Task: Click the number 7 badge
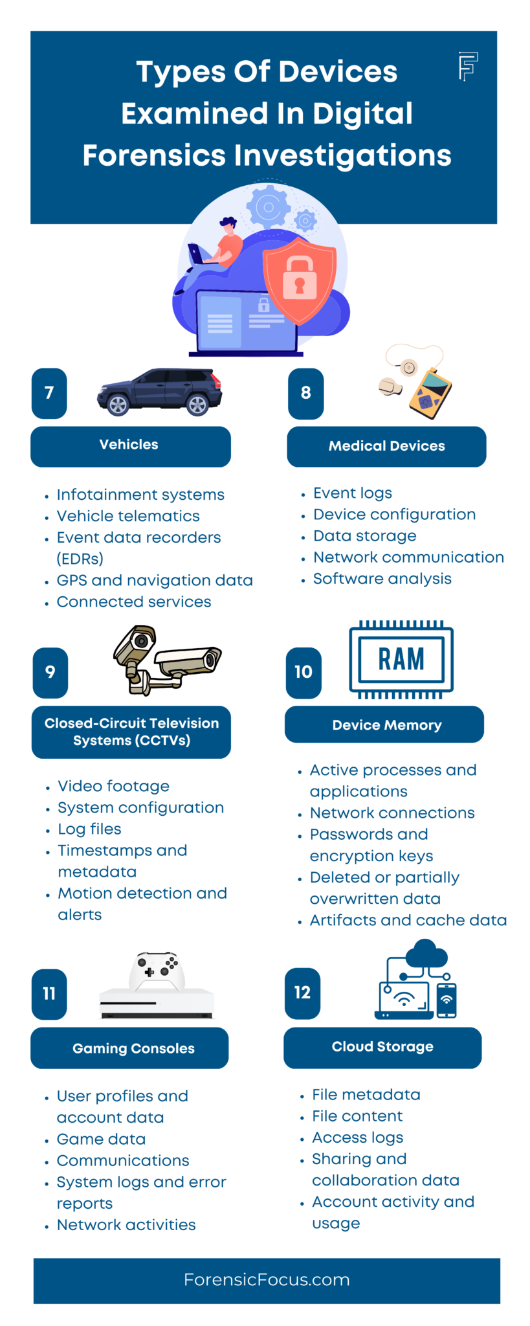(x=49, y=393)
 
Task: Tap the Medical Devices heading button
(x=386, y=446)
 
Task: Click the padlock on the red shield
(x=299, y=277)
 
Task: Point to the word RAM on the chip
(x=401, y=659)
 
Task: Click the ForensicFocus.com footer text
(x=267, y=1279)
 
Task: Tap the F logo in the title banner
(x=468, y=65)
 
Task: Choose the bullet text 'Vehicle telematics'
(x=128, y=516)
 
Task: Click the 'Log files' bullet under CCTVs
(x=89, y=829)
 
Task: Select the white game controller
(x=157, y=971)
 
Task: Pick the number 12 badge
(x=302, y=993)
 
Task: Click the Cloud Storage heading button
(x=382, y=1047)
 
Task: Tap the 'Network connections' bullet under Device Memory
(x=392, y=813)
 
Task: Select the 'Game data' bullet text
(x=101, y=1139)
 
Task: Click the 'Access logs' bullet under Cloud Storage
(x=357, y=1138)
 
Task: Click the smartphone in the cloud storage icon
(x=447, y=1000)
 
